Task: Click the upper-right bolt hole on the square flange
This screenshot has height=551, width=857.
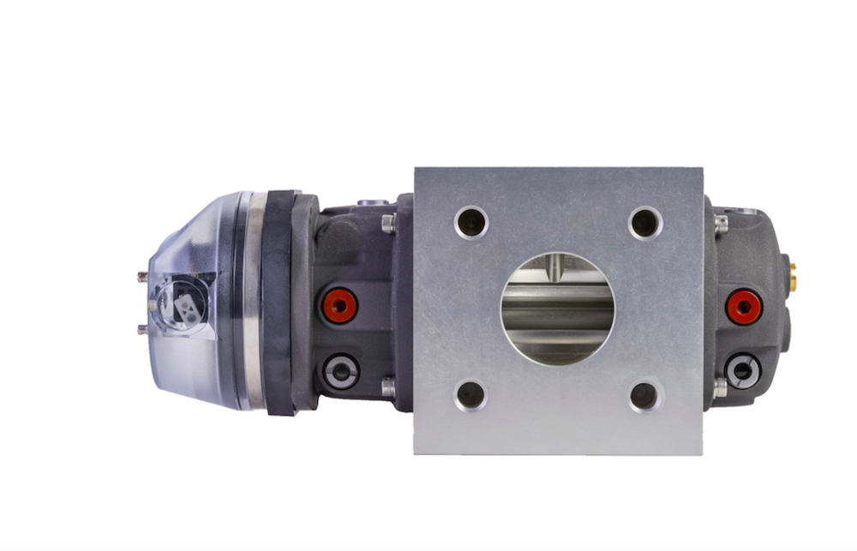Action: [x=644, y=223]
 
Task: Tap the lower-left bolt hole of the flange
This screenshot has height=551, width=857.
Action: [x=470, y=395]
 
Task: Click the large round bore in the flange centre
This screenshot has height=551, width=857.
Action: [x=557, y=308]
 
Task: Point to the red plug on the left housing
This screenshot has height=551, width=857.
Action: [x=339, y=305]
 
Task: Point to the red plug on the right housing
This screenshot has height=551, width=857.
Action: [x=743, y=307]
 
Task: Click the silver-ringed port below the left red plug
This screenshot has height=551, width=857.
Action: [x=341, y=371]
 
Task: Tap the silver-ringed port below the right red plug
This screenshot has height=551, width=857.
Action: [x=741, y=370]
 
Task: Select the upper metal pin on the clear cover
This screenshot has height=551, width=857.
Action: [x=142, y=276]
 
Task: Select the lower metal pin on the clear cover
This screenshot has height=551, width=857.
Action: [x=142, y=329]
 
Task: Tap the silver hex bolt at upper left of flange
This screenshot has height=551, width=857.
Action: [x=388, y=225]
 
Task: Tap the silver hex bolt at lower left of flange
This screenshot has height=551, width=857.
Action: [x=388, y=387]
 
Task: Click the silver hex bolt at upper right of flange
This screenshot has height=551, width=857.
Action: [x=720, y=225]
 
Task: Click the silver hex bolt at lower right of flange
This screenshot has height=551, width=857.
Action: [x=720, y=387]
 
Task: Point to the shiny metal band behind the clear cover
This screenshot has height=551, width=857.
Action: [x=251, y=300]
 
